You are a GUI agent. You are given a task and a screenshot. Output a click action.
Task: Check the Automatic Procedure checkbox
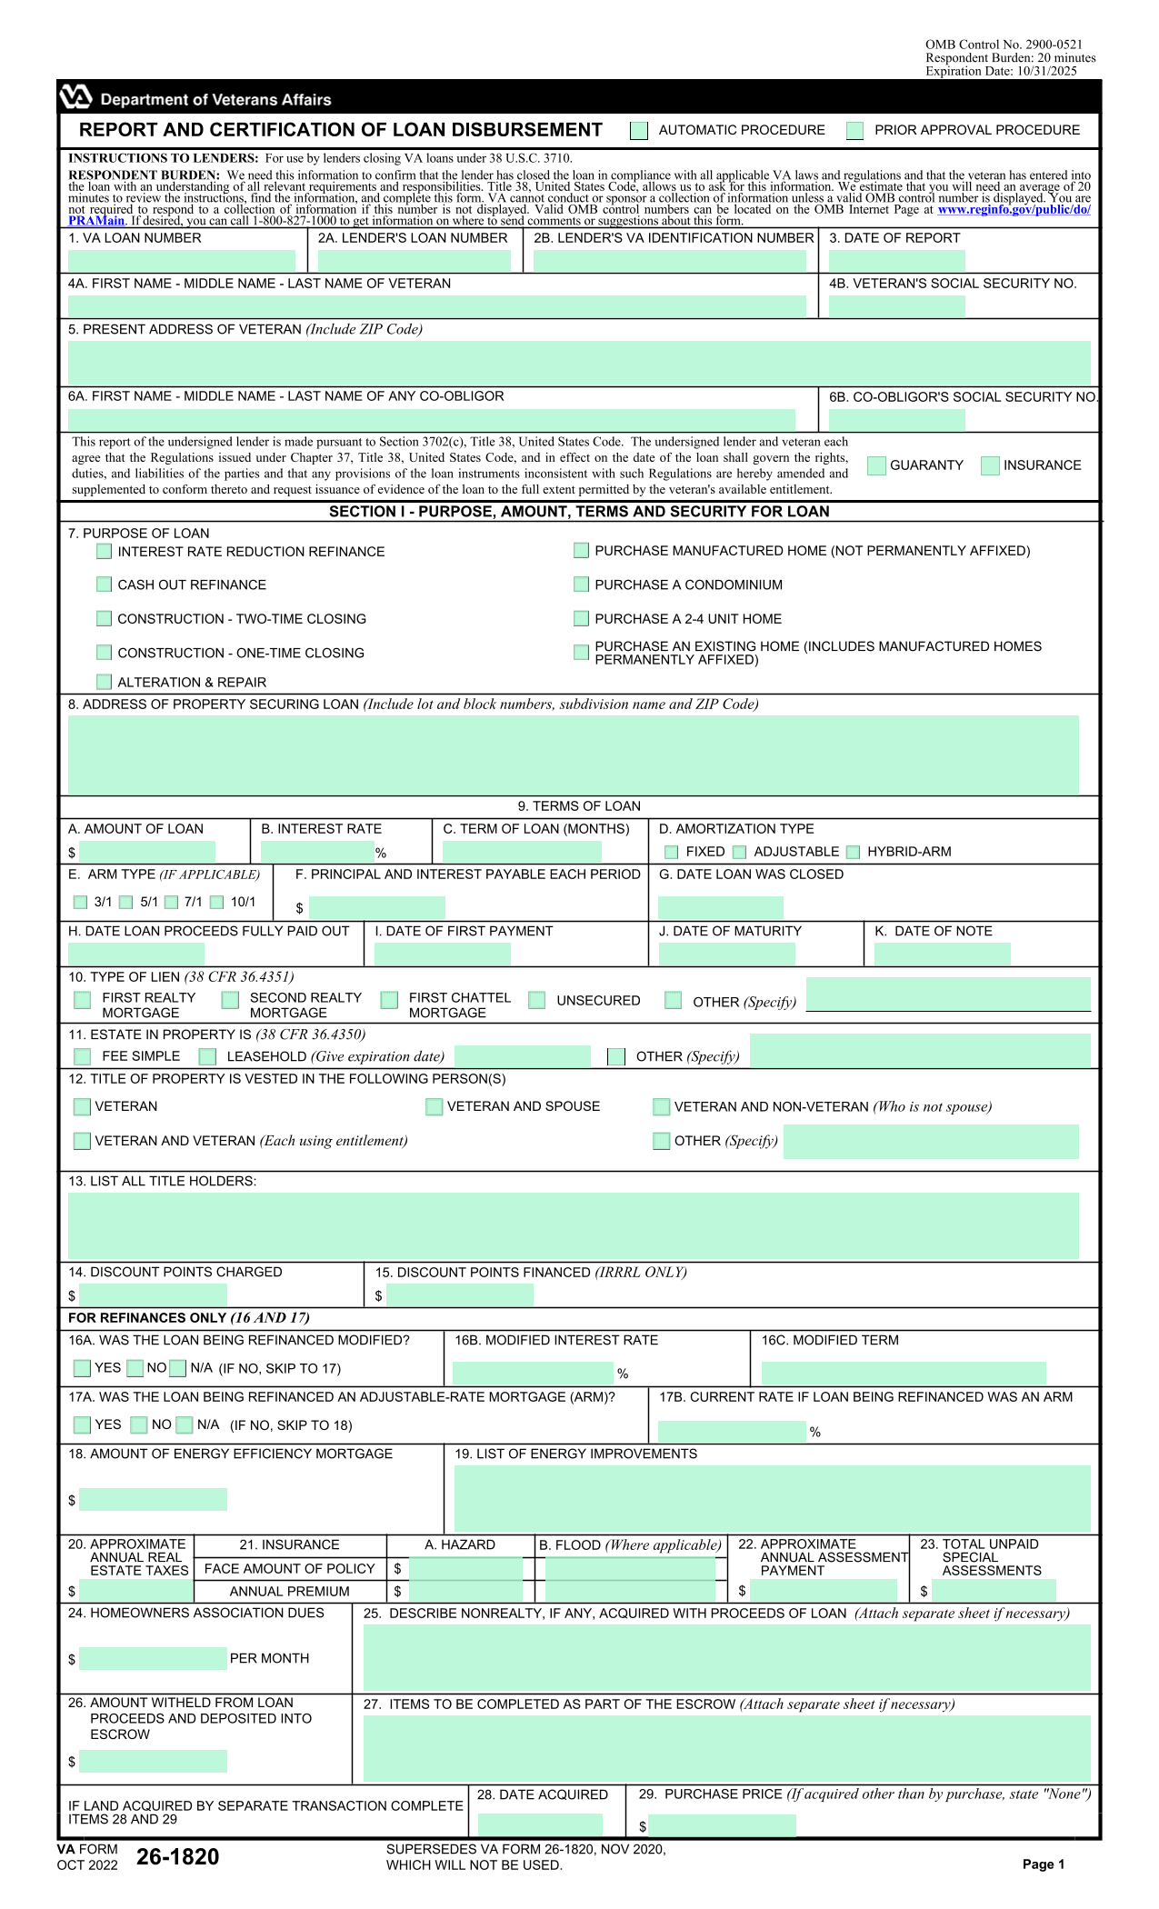(x=639, y=131)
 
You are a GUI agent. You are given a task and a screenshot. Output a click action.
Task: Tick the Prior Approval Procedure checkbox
(x=854, y=131)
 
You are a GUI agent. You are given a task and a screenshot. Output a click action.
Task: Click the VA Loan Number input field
(x=182, y=261)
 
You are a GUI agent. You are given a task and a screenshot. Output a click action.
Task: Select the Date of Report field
(x=896, y=261)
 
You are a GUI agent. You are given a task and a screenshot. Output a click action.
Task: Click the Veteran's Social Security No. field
(x=896, y=306)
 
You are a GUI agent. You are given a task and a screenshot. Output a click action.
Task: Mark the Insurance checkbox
(x=990, y=465)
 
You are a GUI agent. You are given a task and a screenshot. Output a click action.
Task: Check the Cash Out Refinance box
(x=105, y=585)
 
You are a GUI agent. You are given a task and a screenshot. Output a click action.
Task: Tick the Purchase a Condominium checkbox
(x=581, y=585)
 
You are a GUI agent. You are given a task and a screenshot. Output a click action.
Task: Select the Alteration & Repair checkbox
(x=105, y=682)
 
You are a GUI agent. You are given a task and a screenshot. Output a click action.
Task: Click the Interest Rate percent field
(x=316, y=852)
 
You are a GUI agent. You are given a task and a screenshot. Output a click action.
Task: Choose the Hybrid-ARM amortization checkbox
(x=853, y=852)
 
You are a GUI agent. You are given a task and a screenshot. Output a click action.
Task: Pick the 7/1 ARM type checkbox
(x=171, y=902)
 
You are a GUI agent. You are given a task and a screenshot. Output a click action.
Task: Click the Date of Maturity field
(x=726, y=954)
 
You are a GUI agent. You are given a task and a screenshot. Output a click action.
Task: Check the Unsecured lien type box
(x=537, y=1000)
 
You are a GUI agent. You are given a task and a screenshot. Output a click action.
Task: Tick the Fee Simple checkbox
(x=83, y=1056)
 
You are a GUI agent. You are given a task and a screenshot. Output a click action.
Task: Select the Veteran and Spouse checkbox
(x=435, y=1106)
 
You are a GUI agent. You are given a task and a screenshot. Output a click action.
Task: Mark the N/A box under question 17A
(x=185, y=1424)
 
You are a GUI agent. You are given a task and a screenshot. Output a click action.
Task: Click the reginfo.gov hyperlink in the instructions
(x=1013, y=209)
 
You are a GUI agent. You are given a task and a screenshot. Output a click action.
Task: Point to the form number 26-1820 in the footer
(x=178, y=1857)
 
